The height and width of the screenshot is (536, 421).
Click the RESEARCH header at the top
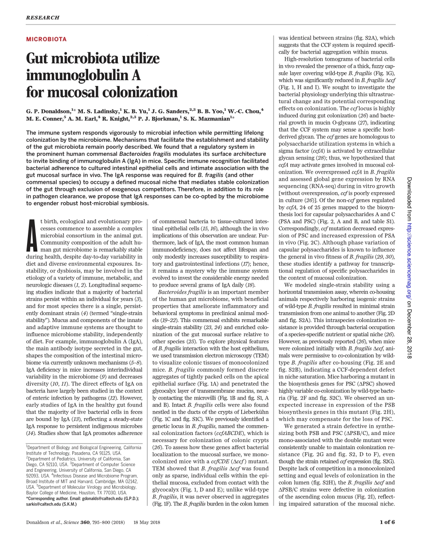[x=43, y=18]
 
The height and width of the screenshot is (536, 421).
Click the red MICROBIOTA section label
[x=47, y=39]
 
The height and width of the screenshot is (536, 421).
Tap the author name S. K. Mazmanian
[x=208, y=118]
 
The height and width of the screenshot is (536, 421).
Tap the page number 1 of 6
[x=387, y=522]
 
